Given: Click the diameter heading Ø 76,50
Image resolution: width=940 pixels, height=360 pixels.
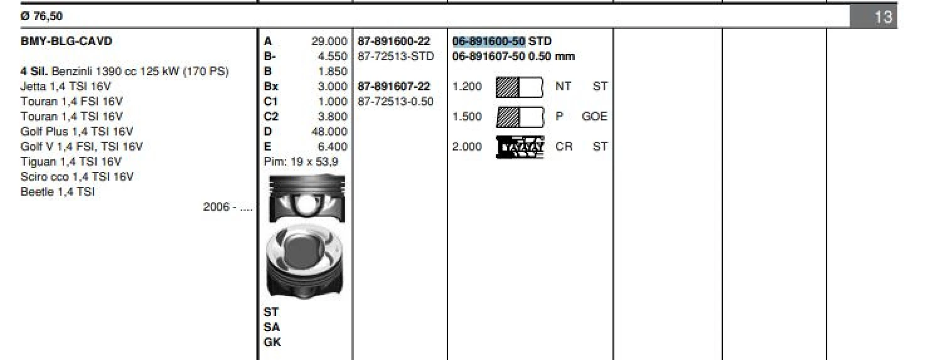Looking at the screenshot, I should pos(41,16).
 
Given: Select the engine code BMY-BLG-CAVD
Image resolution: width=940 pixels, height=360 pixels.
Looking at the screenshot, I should pos(67,41).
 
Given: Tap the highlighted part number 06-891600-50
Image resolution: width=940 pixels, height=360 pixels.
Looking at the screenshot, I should pos(489,41).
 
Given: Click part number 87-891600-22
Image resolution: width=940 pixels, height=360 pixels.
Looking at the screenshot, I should pos(394,41).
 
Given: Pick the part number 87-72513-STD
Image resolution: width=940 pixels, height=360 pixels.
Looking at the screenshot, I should pos(395,56).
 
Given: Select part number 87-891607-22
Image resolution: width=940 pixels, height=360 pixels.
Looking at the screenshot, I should pos(394,87).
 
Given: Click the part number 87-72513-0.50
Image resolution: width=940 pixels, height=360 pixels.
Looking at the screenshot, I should pos(395,102).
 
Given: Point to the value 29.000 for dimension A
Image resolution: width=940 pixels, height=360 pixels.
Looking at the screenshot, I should pos(329,41).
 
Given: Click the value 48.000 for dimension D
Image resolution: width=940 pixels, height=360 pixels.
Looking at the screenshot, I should pos(329,132).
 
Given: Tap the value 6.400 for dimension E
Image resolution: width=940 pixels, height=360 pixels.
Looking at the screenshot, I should pos(333,147).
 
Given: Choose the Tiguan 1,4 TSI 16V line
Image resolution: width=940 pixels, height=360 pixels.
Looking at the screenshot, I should pos(71,162).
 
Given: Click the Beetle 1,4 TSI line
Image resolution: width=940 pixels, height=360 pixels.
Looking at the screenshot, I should pos(58,192).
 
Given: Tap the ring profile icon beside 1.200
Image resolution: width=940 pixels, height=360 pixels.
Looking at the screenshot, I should pos(519,87).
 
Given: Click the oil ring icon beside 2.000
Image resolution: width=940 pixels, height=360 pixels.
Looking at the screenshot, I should pos(520,147).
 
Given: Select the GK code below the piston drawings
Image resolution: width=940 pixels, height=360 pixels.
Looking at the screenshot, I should pos(272,342).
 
